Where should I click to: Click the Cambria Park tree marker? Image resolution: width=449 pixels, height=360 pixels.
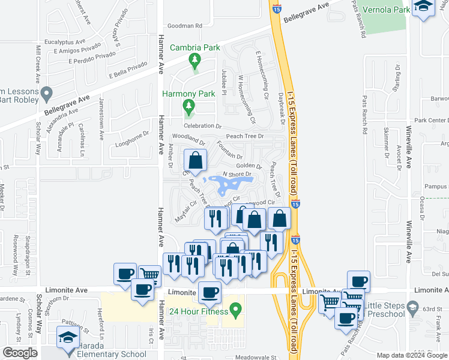[x=194, y=61]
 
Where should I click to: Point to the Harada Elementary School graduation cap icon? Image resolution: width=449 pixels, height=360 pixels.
[x=67, y=338]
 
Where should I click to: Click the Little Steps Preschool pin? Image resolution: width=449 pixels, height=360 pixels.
[x=412, y=309]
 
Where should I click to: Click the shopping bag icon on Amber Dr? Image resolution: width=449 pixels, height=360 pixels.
[x=196, y=161]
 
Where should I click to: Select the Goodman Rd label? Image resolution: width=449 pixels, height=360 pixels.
[x=185, y=26]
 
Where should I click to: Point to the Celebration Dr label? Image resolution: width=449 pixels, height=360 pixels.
[x=203, y=126]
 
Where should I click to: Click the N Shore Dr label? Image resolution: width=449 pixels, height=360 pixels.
[x=235, y=174]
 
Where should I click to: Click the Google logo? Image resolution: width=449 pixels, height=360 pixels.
[x=20, y=353]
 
